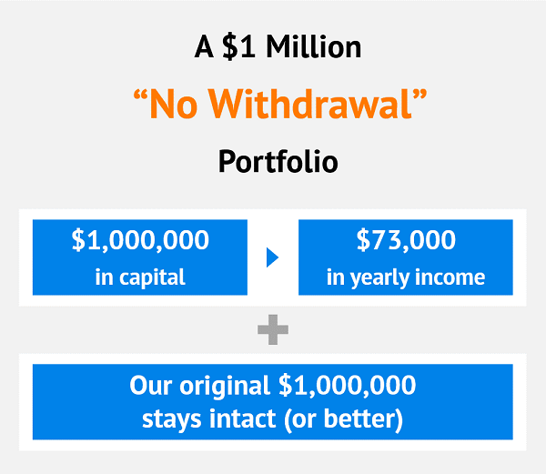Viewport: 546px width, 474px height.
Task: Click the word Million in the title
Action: tap(314, 46)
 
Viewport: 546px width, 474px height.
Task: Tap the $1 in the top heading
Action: tap(238, 46)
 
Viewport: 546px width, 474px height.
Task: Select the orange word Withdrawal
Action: tap(310, 104)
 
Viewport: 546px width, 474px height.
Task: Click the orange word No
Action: tap(174, 104)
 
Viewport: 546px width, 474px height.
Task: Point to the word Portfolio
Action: tap(278, 162)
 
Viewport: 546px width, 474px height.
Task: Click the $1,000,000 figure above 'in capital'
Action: tap(140, 240)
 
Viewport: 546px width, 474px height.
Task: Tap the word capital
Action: tap(152, 278)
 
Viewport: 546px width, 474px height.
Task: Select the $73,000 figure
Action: tap(406, 240)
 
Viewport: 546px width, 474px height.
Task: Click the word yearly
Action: tap(380, 278)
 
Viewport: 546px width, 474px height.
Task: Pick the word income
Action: tap(450, 277)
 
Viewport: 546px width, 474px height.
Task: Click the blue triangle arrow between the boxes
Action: tap(272, 257)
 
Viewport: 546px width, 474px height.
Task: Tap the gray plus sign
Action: tap(273, 329)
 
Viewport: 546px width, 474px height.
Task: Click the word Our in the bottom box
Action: tap(151, 385)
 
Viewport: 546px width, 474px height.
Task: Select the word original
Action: tap(225, 387)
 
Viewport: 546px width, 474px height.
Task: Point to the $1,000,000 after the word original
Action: tap(348, 385)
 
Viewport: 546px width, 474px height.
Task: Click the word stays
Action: tap(172, 419)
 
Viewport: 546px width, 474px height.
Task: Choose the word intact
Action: tap(243, 419)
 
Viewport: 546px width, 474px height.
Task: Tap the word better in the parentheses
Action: tap(359, 419)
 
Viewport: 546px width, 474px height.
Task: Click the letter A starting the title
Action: tap(204, 46)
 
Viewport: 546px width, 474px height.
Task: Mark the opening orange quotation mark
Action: tap(140, 95)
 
